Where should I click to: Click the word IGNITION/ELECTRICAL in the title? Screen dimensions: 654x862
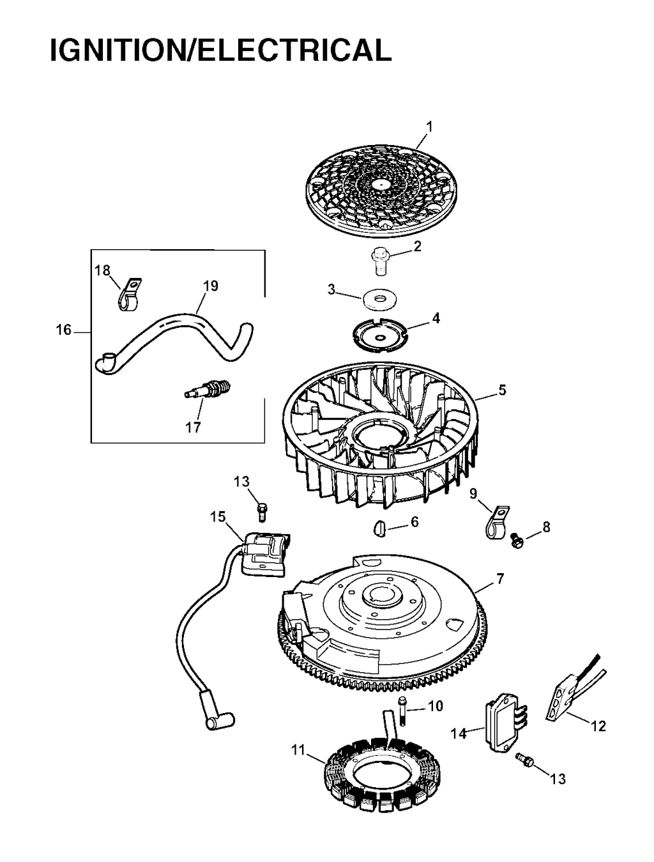(x=221, y=50)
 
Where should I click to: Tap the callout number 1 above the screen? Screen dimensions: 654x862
(x=430, y=127)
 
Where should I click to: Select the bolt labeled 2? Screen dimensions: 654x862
(x=381, y=261)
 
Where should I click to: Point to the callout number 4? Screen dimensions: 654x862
(x=436, y=318)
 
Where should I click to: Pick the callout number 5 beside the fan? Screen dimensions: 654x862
(x=502, y=390)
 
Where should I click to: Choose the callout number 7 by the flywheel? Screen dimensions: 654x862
(x=500, y=589)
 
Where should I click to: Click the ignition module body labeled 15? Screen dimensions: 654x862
(x=264, y=555)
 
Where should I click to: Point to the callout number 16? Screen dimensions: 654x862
(x=64, y=330)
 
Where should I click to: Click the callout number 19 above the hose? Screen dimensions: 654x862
(x=211, y=286)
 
